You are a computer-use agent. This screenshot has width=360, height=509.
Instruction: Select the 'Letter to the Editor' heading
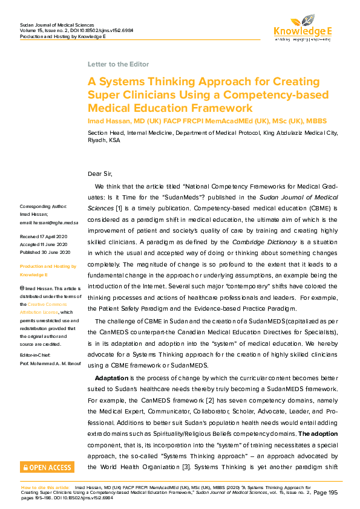[x=118, y=64]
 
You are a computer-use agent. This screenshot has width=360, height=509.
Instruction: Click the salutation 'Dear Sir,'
[x=100, y=174]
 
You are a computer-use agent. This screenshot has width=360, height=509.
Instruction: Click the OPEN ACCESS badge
[x=47, y=467]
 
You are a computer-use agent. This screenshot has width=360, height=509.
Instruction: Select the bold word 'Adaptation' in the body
[x=111, y=377]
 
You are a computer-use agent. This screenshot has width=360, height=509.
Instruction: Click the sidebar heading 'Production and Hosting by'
[x=48, y=266]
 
